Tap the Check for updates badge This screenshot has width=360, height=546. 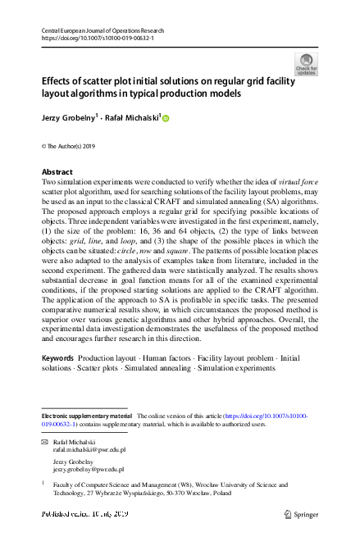pyautogui.click(x=306, y=63)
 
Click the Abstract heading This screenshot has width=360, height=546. pyautogui.click(x=57, y=172)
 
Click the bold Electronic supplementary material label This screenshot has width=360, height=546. pyautogui.click(x=85, y=417)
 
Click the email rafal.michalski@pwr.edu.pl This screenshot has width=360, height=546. pyautogui.click(x=89, y=450)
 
